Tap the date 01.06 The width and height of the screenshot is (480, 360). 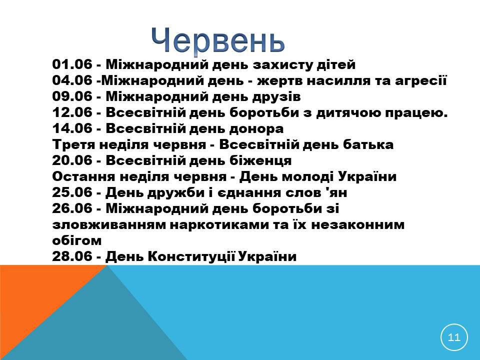(72, 64)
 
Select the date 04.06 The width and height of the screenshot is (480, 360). (72, 80)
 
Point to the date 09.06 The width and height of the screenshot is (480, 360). (72, 96)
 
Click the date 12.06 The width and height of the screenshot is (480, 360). (72, 112)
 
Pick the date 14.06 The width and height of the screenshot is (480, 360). (72, 128)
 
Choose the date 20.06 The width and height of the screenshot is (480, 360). (72, 160)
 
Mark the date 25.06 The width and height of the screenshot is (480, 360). (72, 192)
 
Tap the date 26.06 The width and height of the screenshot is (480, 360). (72, 208)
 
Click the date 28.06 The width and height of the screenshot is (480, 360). (72, 256)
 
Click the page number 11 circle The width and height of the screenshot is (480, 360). (454, 337)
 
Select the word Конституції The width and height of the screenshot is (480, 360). (191, 256)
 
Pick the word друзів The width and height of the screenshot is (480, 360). (276, 96)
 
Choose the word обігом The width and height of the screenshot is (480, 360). (77, 240)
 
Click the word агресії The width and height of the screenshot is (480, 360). (421, 81)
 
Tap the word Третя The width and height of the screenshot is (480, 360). (74, 144)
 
